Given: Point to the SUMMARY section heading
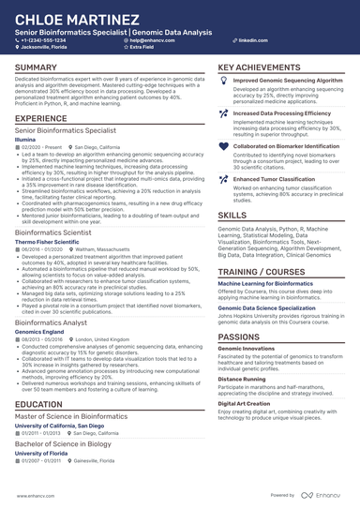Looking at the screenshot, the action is click(36, 68).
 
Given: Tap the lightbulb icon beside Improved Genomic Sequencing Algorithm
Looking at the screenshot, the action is click(223, 82).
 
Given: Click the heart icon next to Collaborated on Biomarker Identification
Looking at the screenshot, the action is click(223, 145).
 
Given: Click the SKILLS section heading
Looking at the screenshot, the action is click(232, 215).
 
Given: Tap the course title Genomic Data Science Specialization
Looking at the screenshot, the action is click(267, 307).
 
